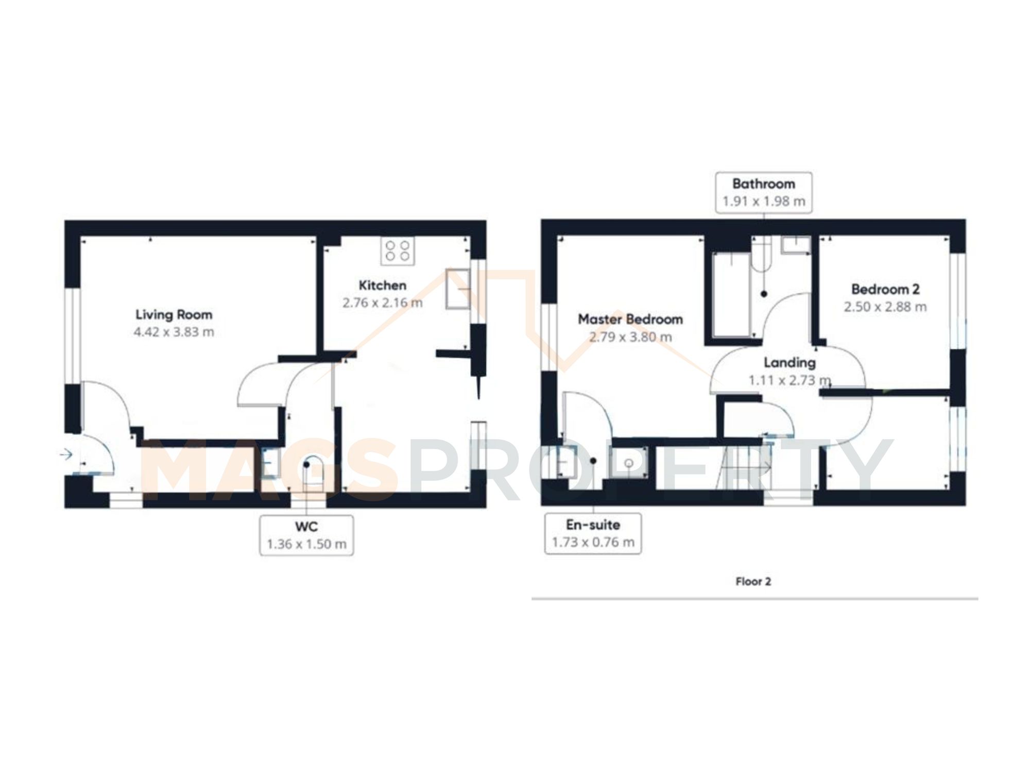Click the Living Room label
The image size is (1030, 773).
pyautogui.click(x=174, y=314)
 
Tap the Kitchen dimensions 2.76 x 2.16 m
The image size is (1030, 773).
pyautogui.click(x=382, y=303)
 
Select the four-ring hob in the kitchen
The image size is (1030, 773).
pyautogui.click(x=398, y=251)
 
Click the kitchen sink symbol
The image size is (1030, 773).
pyautogui.click(x=458, y=289)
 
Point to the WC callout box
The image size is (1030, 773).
pyautogui.click(x=306, y=535)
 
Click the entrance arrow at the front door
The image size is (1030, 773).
pyautogui.click(x=66, y=455)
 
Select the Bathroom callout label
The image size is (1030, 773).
pyautogui.click(x=763, y=192)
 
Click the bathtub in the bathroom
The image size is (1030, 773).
pyautogui.click(x=730, y=295)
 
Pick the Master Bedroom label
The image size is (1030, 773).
pyautogui.click(x=630, y=320)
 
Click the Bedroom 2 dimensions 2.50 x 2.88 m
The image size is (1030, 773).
pyautogui.click(x=885, y=307)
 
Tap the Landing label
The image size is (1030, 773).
pyautogui.click(x=789, y=363)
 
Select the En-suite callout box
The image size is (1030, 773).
pyautogui.click(x=593, y=533)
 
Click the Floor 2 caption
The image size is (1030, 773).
pyautogui.click(x=753, y=581)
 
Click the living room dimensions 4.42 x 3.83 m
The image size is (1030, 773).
pyautogui.click(x=174, y=332)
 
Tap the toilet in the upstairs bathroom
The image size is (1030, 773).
pyautogui.click(x=761, y=258)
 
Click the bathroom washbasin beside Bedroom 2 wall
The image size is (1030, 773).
pyautogui.click(x=795, y=245)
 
